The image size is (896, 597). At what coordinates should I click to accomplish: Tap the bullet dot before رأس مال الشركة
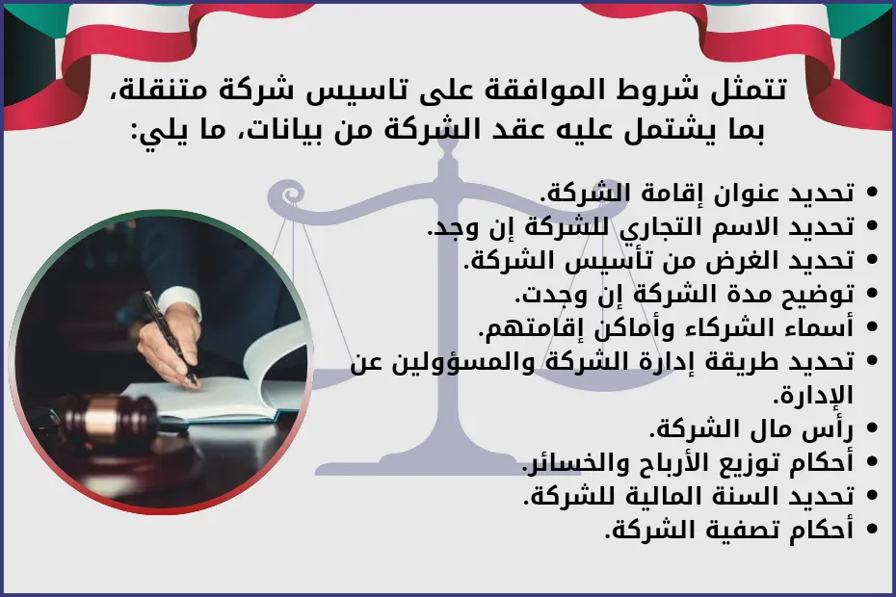[x=873, y=429]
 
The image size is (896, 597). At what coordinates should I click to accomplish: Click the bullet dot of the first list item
[x=873, y=193]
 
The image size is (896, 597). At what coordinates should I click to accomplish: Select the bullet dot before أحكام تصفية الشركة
[x=873, y=530]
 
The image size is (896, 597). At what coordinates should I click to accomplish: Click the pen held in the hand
[x=168, y=336]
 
